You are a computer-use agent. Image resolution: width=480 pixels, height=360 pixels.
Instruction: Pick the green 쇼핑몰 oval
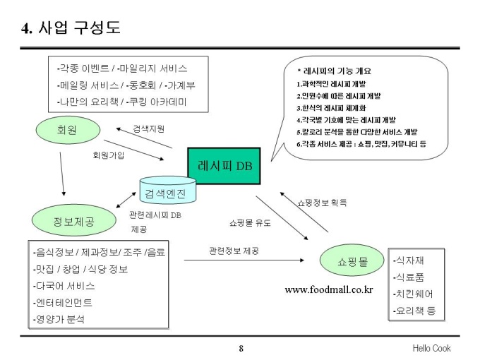(x=354, y=262)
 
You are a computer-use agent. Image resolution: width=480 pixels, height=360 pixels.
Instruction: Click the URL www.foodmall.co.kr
(x=328, y=290)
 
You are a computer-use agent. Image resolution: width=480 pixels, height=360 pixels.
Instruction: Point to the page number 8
(x=241, y=348)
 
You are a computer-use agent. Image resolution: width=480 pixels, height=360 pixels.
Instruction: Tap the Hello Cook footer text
(x=431, y=348)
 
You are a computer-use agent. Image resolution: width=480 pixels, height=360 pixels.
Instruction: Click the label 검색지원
(x=150, y=129)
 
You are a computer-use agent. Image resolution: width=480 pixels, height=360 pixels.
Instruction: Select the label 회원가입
(x=108, y=155)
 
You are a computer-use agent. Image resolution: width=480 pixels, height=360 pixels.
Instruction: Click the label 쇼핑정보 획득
(x=321, y=202)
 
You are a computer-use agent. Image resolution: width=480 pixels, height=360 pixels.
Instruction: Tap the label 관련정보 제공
(x=234, y=251)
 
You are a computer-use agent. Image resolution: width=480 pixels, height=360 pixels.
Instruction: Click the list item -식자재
(x=409, y=260)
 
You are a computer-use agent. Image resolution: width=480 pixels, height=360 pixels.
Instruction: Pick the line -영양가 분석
(x=59, y=319)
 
